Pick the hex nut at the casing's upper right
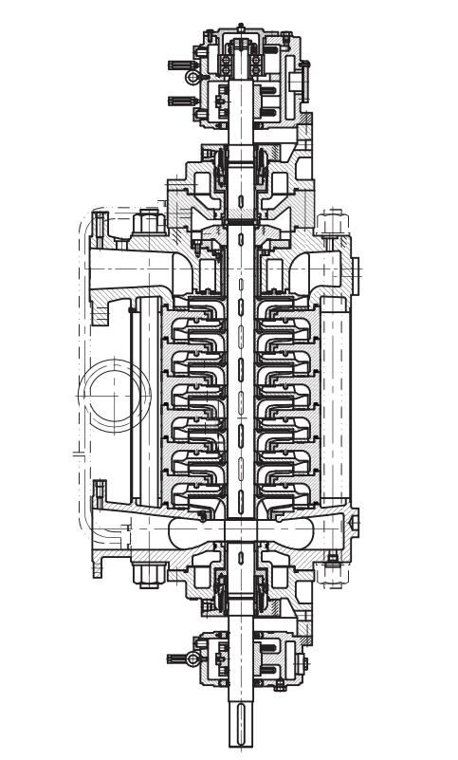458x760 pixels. click(332, 225)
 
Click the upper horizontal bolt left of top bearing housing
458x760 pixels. click(181, 65)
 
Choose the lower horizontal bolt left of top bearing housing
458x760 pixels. click(181, 100)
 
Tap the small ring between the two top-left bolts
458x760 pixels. click(192, 76)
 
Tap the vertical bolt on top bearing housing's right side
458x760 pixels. click(306, 76)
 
